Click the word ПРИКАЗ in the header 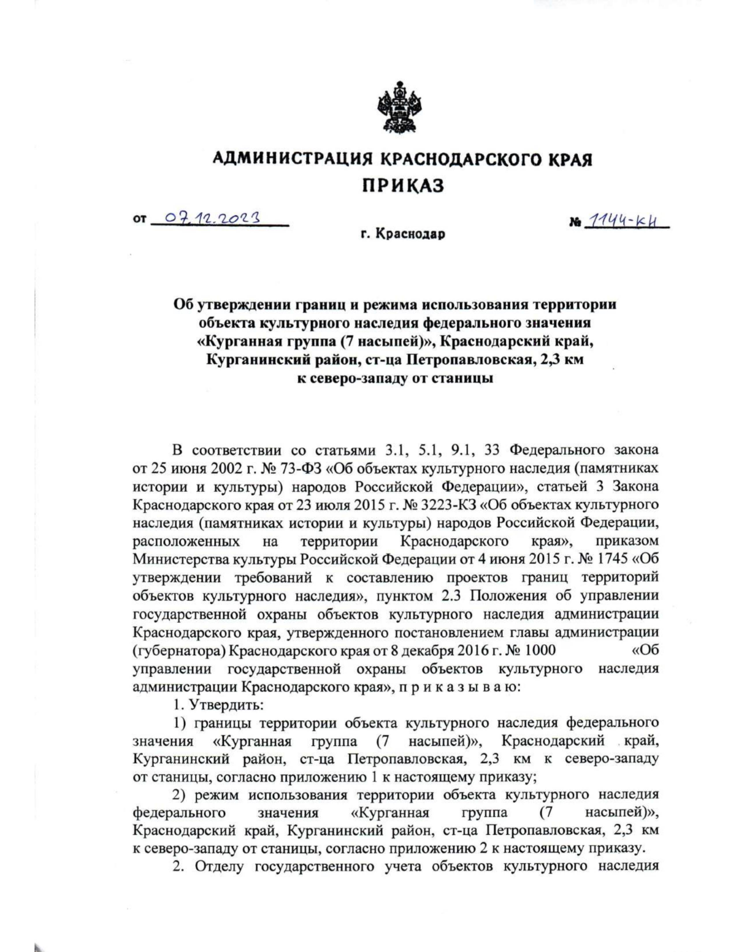(x=402, y=185)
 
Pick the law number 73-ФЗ (x=282, y=469)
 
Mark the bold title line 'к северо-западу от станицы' (x=395, y=378)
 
